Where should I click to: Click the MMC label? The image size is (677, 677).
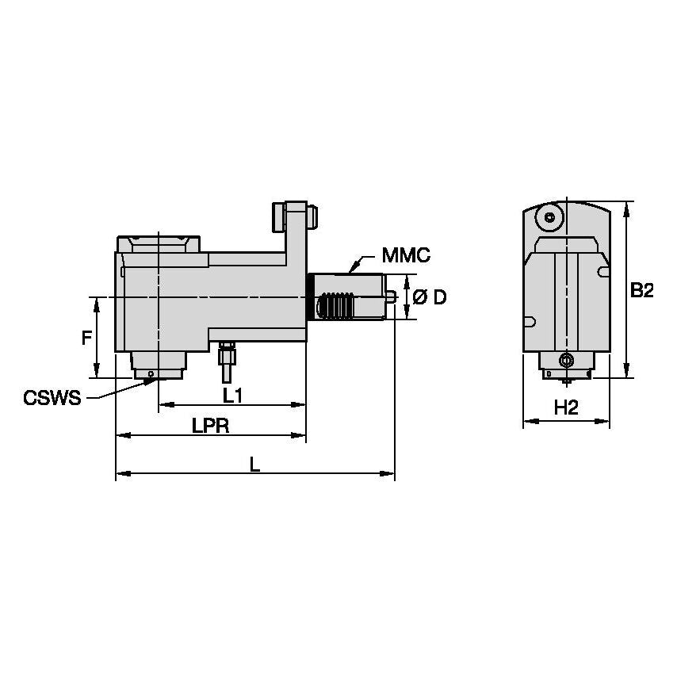[x=405, y=255]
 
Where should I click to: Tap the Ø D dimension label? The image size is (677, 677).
[x=430, y=297]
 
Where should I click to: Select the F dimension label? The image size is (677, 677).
[x=86, y=338]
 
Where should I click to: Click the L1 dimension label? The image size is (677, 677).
[x=232, y=393]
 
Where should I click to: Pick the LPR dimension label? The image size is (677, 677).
[x=210, y=425]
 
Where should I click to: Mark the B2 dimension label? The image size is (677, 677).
[x=641, y=291]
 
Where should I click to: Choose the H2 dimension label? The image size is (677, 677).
[x=565, y=408]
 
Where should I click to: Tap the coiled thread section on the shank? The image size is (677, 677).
[x=336, y=305]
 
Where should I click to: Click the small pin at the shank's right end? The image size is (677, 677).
[x=392, y=297]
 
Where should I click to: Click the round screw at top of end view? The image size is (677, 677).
[x=549, y=216]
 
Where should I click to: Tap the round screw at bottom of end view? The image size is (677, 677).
[x=565, y=361]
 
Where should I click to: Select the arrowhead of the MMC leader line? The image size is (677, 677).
[x=350, y=270]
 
